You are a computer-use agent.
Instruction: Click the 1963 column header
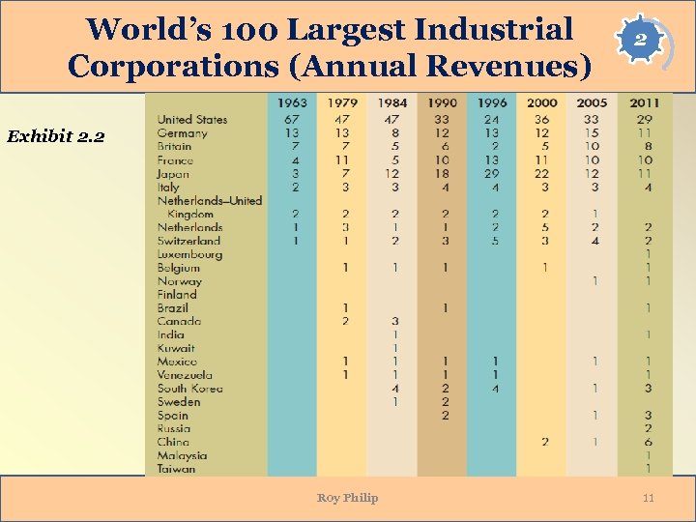(292, 102)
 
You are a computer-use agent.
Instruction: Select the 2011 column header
(645, 102)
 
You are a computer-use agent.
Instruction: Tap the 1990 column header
(442, 102)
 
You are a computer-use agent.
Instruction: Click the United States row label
(192, 120)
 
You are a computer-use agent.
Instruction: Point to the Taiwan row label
(176, 469)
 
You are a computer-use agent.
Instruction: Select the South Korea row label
(189, 389)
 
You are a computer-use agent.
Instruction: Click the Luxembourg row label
(189, 254)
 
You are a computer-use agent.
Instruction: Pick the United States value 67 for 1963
(292, 120)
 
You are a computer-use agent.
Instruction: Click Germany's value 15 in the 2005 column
(594, 133)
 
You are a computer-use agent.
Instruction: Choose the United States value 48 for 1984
(393, 120)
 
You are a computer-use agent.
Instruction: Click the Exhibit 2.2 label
(55, 136)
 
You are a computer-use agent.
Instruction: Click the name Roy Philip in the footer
(347, 498)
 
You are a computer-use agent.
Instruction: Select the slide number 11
(649, 498)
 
